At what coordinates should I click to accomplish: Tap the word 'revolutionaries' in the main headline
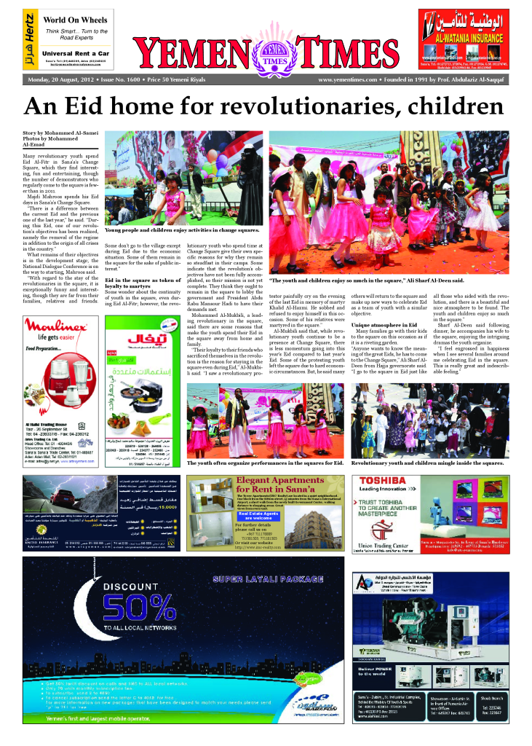[x=319, y=106]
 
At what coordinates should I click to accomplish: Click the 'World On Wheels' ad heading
[x=72, y=20]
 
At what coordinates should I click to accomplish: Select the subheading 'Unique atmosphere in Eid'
[x=384, y=323]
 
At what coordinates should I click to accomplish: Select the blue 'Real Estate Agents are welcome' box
[x=257, y=516]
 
